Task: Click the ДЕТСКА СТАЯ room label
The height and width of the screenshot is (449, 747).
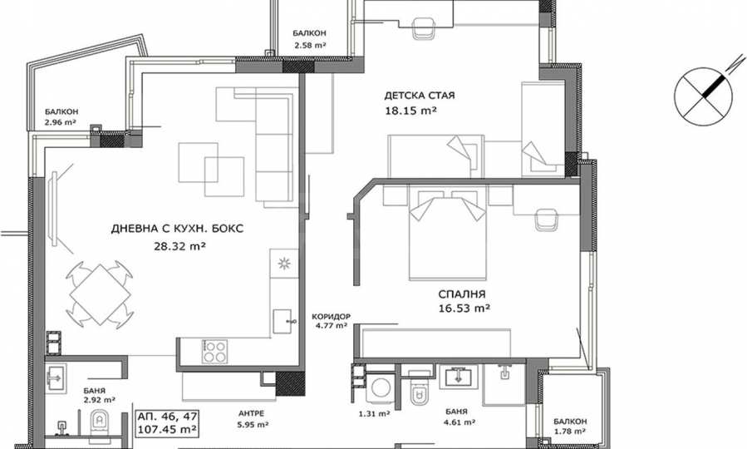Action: point(420,96)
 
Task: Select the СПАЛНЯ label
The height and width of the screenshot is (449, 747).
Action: point(462,294)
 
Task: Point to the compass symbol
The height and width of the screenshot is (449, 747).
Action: point(704,96)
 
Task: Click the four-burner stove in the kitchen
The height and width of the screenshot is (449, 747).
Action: point(214,351)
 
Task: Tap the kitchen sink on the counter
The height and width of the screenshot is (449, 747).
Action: point(282,321)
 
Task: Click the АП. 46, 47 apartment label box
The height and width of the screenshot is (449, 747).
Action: point(167,422)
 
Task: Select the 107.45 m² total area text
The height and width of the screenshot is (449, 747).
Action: point(167,429)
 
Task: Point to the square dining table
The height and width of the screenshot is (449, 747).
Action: point(100,294)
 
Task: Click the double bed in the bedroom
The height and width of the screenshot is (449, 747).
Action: point(447,232)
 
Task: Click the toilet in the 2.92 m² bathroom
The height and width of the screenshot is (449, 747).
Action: point(100,422)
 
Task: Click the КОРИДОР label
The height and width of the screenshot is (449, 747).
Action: point(331,317)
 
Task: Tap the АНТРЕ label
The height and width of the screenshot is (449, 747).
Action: point(252,414)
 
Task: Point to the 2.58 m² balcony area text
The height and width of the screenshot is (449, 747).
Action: point(310,45)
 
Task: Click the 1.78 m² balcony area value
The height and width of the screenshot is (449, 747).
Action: point(570,432)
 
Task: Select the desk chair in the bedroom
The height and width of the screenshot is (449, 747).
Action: point(547,220)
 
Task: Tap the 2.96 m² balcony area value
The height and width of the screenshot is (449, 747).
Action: point(61,122)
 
